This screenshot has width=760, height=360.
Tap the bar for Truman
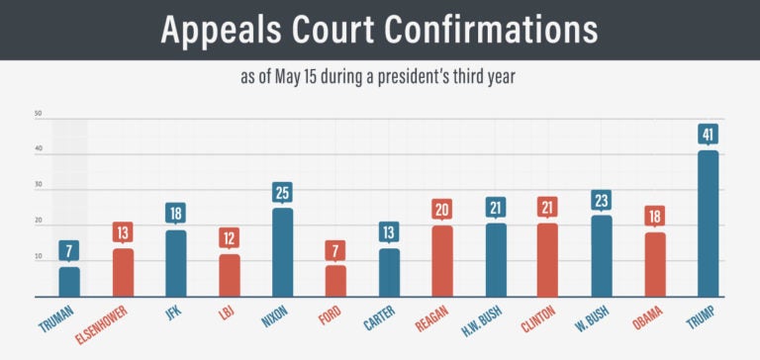69,281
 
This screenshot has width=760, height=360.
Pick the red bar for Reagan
442,260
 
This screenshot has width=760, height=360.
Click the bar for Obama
655,264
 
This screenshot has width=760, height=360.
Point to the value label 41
709,134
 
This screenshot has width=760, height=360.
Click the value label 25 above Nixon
282,191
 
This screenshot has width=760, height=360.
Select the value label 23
602,199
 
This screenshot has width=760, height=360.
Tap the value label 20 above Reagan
442,209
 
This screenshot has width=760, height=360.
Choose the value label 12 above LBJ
229,237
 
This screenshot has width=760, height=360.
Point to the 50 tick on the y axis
38,114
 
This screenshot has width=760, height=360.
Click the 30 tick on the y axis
38,186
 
